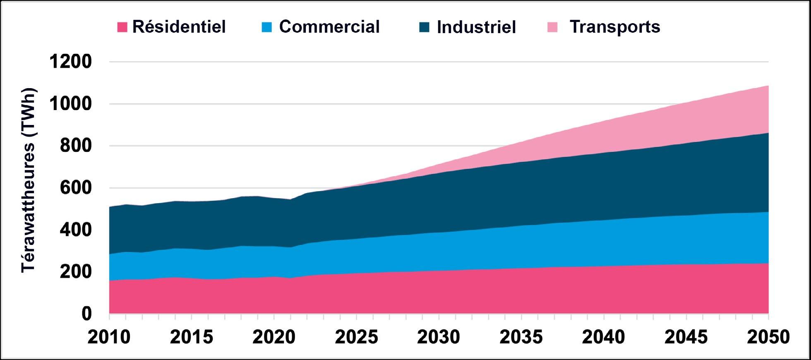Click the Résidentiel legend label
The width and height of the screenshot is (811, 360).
coord(179,27)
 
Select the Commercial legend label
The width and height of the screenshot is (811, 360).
coord(329,27)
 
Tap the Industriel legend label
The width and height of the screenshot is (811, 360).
coord(476,27)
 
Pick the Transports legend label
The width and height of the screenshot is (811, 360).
coord(615,27)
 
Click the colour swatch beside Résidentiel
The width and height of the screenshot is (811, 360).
coord(122,27)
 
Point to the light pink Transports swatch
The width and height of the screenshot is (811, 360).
coord(552,27)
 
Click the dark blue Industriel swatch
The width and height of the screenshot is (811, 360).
coord(424,27)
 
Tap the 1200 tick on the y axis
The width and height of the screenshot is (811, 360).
coord(70,62)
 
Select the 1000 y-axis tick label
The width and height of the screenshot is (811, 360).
coord(70,104)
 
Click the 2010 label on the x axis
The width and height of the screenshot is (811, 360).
coord(109,337)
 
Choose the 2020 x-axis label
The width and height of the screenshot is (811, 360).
coord(274,337)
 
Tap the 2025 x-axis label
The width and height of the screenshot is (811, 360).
coord(356,337)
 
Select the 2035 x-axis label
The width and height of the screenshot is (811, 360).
coord(521,337)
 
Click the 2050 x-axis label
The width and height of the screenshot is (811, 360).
coord(768,337)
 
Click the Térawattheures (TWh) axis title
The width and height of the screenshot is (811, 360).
coord(29,180)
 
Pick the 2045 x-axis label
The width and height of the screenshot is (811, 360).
coord(686,337)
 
